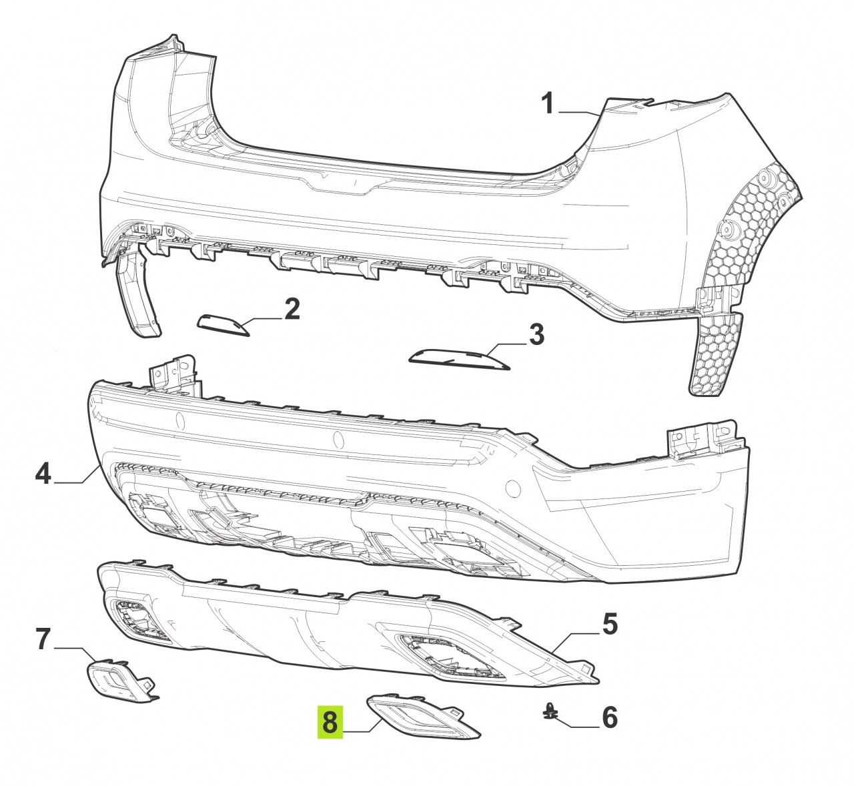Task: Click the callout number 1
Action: [x=548, y=104]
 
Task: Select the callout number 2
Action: [x=292, y=309]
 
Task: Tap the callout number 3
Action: [x=536, y=334]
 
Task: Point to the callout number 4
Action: [x=43, y=474]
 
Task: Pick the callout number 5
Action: [x=609, y=624]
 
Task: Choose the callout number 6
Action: [x=610, y=717]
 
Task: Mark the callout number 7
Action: [x=43, y=639]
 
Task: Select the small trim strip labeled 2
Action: [x=224, y=326]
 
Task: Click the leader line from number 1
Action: [x=579, y=112]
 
